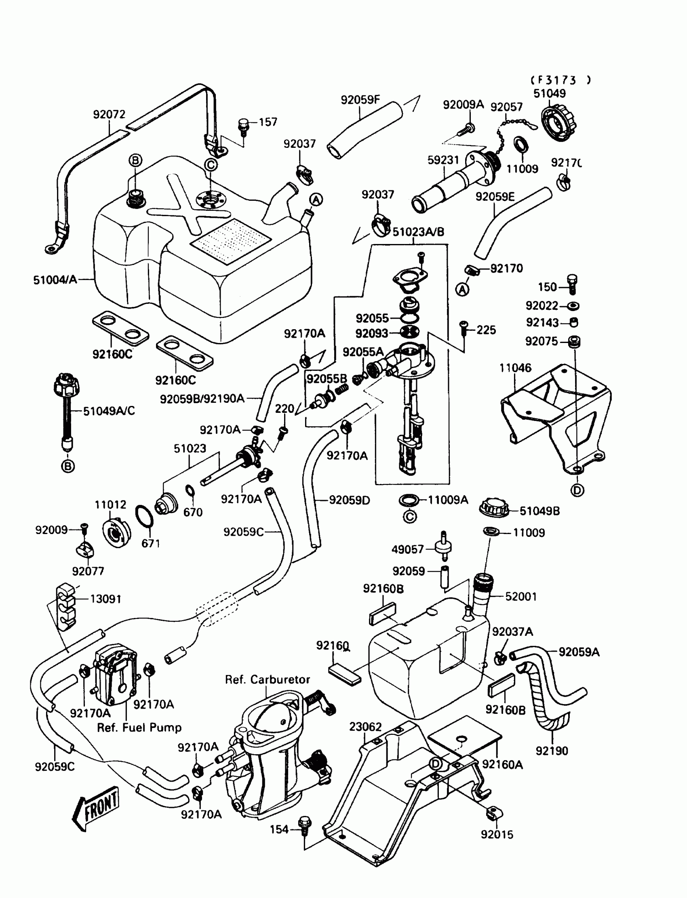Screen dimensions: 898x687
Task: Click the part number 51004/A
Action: point(55,280)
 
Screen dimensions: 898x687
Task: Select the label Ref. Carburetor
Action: point(268,679)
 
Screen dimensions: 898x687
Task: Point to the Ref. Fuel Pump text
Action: point(139,728)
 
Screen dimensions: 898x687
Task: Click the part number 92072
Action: point(109,114)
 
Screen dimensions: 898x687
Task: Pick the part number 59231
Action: point(443,160)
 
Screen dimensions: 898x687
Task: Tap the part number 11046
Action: point(515,368)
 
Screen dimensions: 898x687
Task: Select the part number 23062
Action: point(365,727)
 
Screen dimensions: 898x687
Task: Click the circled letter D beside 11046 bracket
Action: point(577,490)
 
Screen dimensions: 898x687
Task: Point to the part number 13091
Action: point(105,599)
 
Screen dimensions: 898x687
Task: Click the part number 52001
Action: point(521,596)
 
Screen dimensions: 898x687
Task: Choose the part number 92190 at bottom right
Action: point(552,751)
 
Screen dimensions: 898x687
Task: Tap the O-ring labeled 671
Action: point(144,517)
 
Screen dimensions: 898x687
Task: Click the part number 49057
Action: point(407,549)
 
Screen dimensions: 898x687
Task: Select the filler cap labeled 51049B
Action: point(494,508)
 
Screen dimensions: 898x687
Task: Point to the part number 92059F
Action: point(360,100)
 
